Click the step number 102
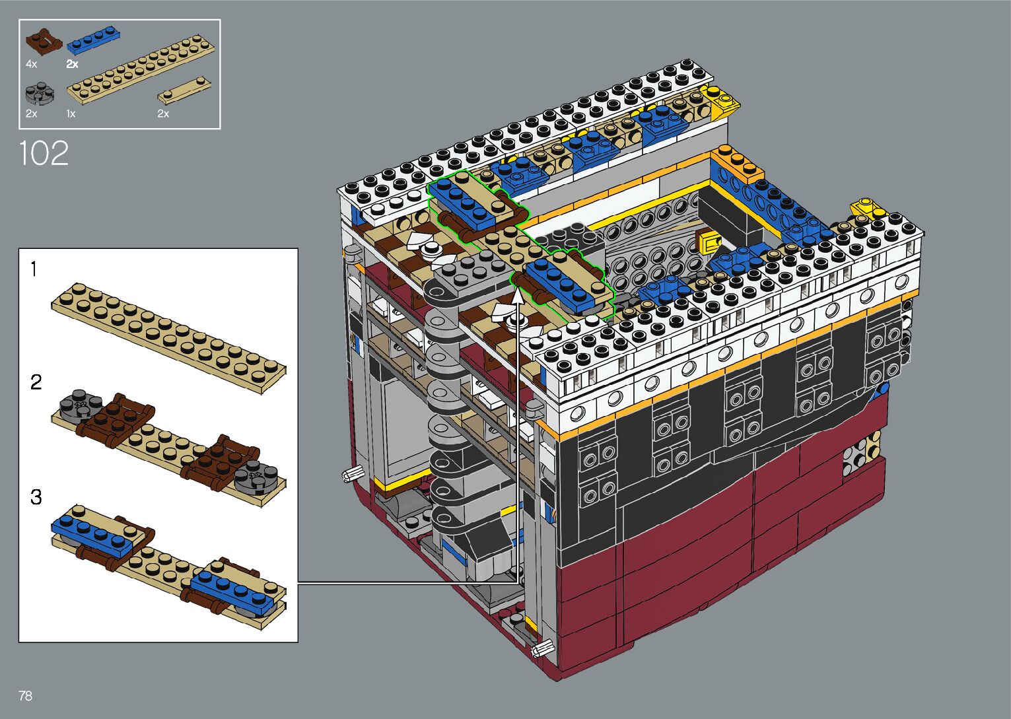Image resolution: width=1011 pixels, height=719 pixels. (x=44, y=153)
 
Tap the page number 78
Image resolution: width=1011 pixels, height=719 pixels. (x=26, y=695)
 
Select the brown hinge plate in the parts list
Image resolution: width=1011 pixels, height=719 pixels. (x=44, y=42)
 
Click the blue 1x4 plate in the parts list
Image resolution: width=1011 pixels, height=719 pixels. (x=93, y=40)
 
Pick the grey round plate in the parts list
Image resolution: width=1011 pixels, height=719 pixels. (x=40, y=94)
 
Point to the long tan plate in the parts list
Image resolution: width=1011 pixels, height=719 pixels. (x=141, y=69)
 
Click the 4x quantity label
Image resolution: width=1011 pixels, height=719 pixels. (x=31, y=64)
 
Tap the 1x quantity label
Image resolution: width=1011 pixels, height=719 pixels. (x=71, y=114)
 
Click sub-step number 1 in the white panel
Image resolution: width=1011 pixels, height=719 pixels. (x=34, y=269)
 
